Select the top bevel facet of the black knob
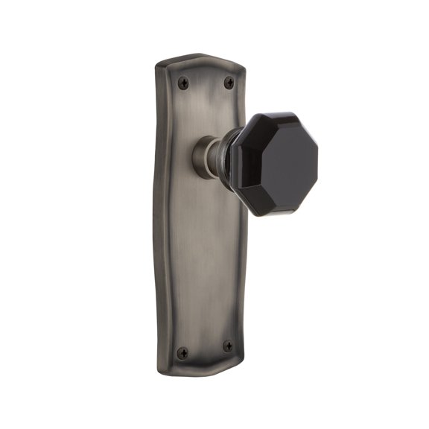click(279, 120)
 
